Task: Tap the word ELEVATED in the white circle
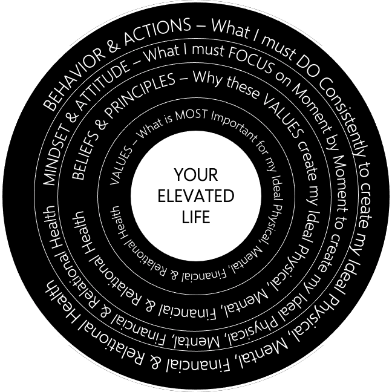click(195, 197)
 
